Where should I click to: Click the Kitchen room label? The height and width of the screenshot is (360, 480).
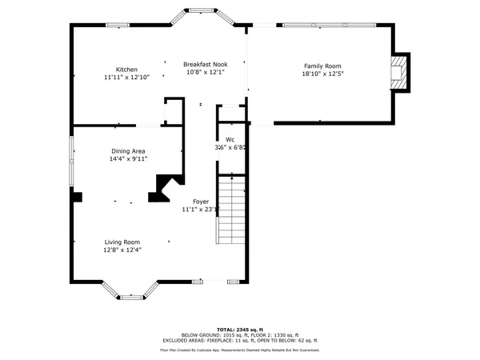click(x=126, y=70)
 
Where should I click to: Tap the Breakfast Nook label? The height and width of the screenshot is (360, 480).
click(x=205, y=64)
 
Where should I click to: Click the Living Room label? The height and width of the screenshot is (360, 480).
click(x=122, y=242)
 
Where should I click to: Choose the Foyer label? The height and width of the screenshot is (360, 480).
click(x=201, y=202)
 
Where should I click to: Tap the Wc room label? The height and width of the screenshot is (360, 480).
click(x=230, y=139)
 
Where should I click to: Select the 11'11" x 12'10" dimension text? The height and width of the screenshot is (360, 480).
click(x=126, y=78)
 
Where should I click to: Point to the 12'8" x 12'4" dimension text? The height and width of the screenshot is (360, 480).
click(x=122, y=250)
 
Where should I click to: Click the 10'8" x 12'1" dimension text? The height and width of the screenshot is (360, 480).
click(x=205, y=72)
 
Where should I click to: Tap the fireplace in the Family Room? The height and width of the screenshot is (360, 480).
click(x=398, y=72)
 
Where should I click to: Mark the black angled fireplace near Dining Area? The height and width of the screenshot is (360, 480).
click(x=162, y=190)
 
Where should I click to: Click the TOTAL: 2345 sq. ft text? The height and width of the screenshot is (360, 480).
click(x=240, y=330)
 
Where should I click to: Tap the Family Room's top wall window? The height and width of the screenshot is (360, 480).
click(x=328, y=26)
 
